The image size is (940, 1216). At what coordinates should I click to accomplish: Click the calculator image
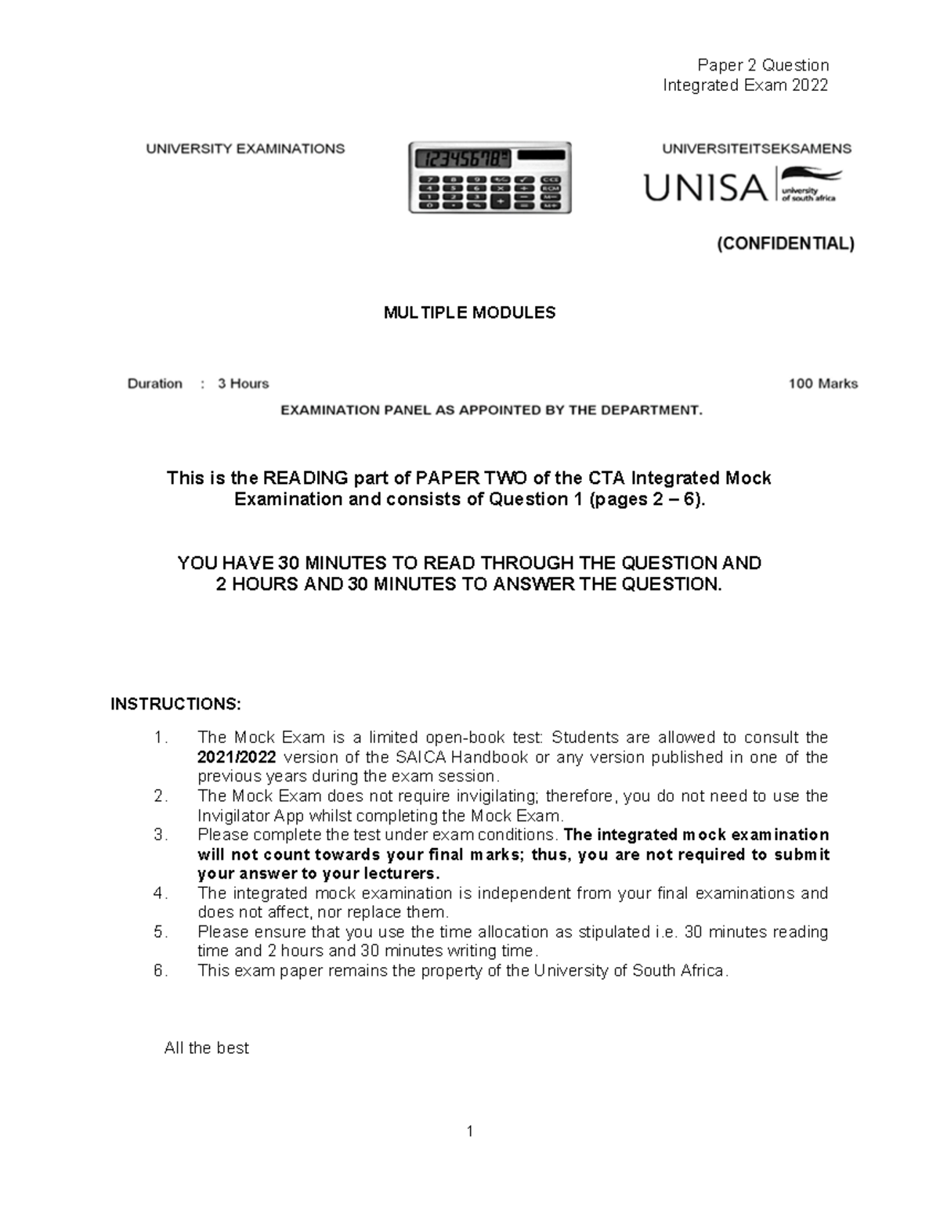pyautogui.click(x=490, y=178)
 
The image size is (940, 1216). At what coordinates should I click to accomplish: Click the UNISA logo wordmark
pyautogui.click(x=705, y=188)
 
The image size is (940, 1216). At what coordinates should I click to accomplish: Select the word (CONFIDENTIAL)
pyautogui.click(x=786, y=244)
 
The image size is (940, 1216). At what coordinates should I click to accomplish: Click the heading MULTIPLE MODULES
pyautogui.click(x=469, y=313)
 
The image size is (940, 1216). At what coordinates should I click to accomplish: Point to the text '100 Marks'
pyautogui.click(x=822, y=384)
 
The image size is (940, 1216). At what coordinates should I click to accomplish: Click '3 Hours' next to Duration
pyautogui.click(x=243, y=384)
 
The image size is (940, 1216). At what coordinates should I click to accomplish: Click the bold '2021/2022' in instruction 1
pyautogui.click(x=237, y=757)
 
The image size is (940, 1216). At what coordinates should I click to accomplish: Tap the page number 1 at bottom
pyautogui.click(x=469, y=1131)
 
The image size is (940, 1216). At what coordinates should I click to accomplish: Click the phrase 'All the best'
pyautogui.click(x=206, y=1048)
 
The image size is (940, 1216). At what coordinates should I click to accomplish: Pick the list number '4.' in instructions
pyautogui.click(x=161, y=893)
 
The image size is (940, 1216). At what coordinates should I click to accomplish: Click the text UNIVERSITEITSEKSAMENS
pyautogui.click(x=757, y=148)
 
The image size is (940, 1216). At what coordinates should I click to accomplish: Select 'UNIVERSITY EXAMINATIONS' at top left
pyautogui.click(x=245, y=148)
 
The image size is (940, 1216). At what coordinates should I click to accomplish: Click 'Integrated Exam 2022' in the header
pyautogui.click(x=745, y=85)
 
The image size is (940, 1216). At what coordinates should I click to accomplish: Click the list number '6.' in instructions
pyautogui.click(x=161, y=971)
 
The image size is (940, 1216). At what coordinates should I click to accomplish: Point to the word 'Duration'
pyautogui.click(x=155, y=384)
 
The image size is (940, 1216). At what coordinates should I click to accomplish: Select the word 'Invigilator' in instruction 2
pyautogui.click(x=233, y=815)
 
